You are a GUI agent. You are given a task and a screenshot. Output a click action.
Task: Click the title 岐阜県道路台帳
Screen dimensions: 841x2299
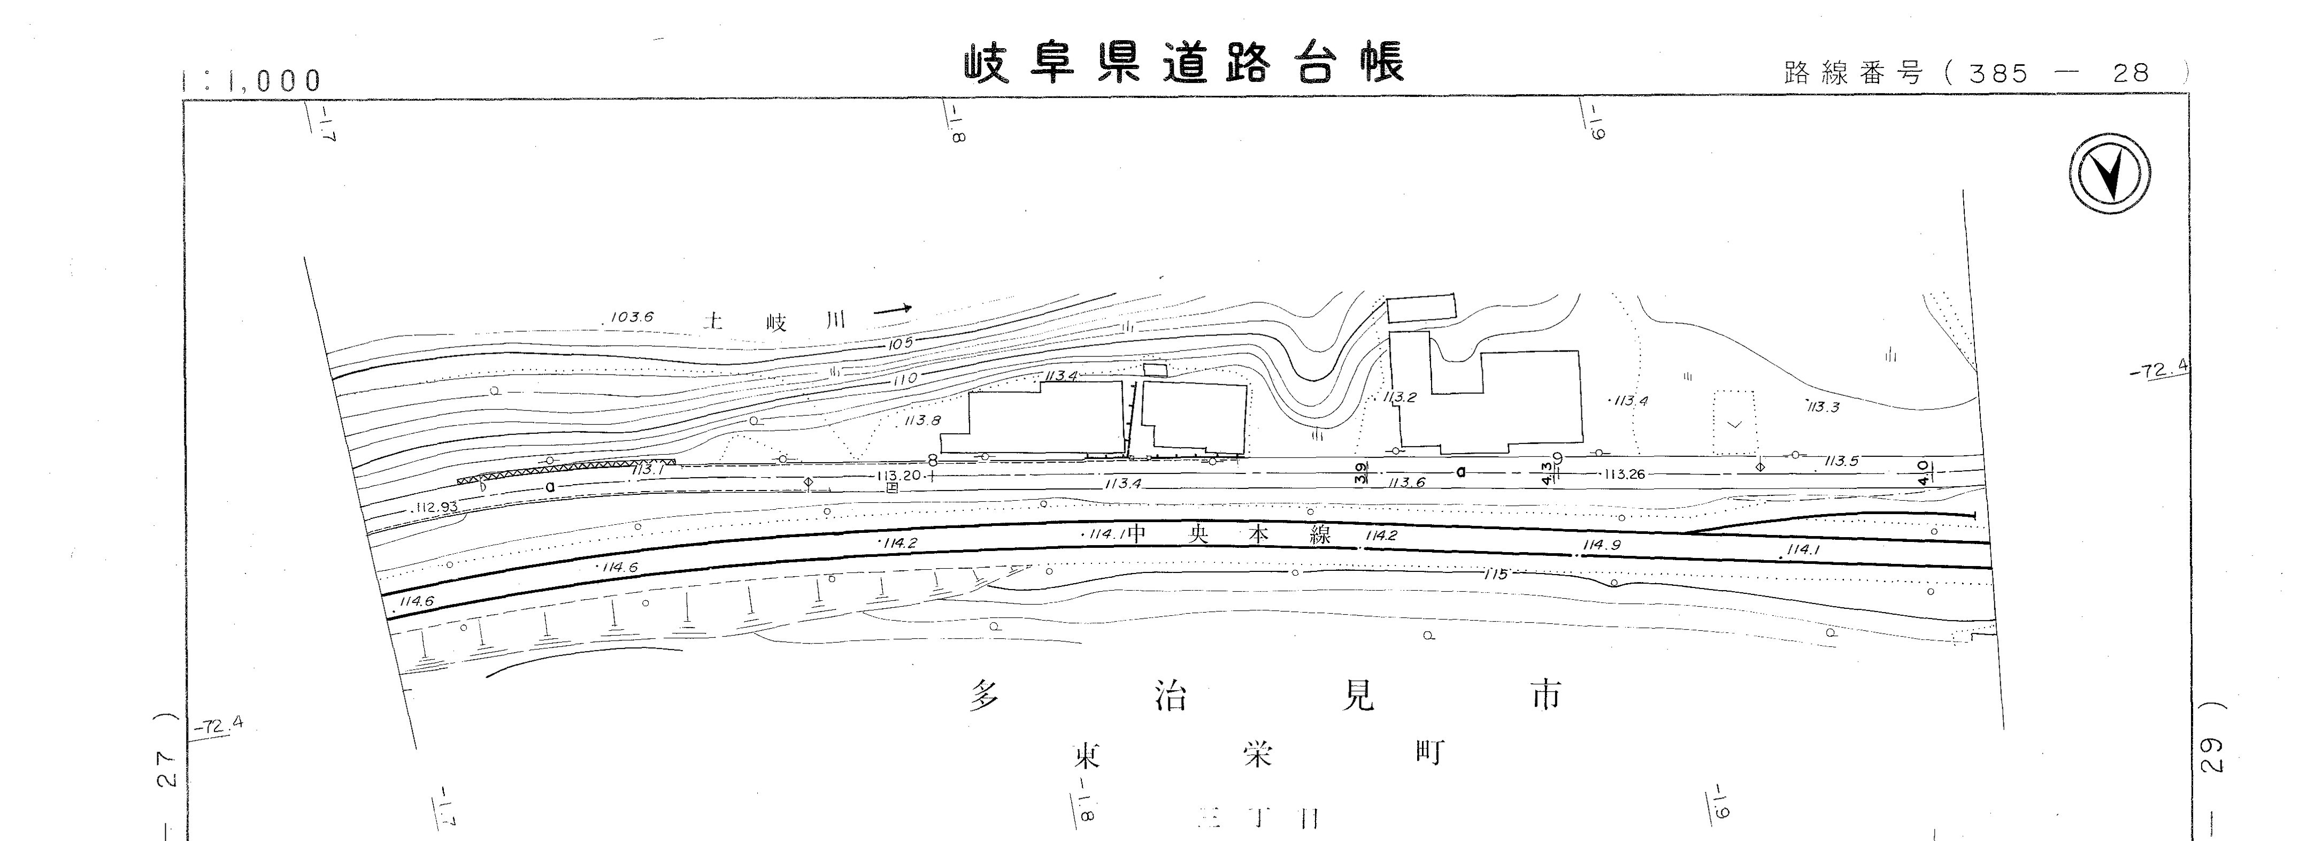pyautogui.click(x=1185, y=63)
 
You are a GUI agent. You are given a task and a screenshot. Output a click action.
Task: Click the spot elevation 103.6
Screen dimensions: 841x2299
pyautogui.click(x=632, y=317)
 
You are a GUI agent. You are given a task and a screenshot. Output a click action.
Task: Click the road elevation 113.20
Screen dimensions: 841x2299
pyautogui.click(x=899, y=476)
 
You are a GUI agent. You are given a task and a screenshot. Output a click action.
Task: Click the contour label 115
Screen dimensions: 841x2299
pyautogui.click(x=1495, y=574)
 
